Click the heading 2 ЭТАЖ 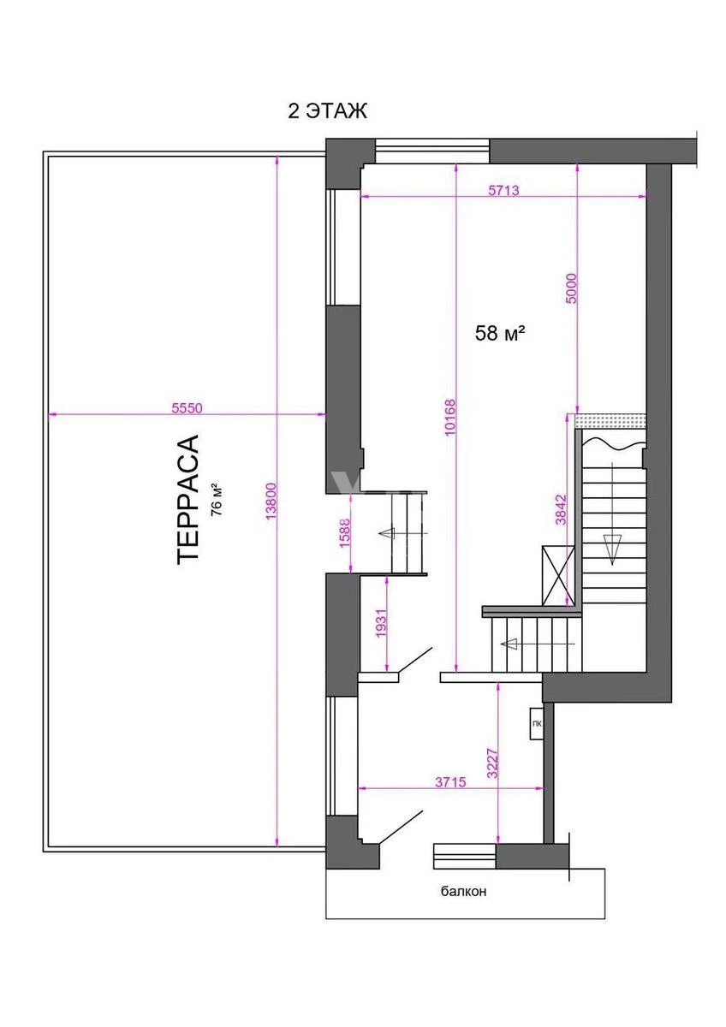tap(327, 111)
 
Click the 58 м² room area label tap(499, 333)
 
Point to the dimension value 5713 tap(503, 190)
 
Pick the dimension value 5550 tap(187, 407)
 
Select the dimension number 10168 tap(450, 417)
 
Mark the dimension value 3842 tap(561, 510)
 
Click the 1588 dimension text tap(344, 532)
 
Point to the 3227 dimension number tap(492, 763)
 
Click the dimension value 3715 tap(450, 781)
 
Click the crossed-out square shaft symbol tap(558, 575)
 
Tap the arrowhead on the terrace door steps tap(386, 533)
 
